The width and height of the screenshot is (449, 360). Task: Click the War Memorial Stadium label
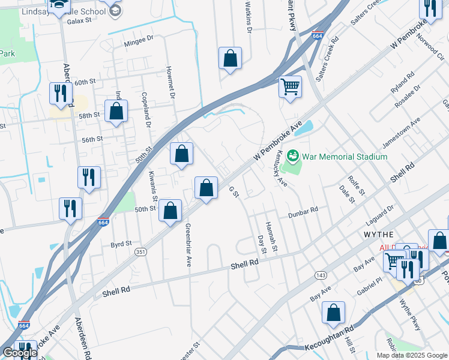(x=345, y=157)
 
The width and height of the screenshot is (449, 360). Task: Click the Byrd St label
(x=121, y=245)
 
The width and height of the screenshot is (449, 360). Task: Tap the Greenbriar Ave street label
(x=188, y=245)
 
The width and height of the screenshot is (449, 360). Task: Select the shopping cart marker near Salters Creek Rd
(x=290, y=86)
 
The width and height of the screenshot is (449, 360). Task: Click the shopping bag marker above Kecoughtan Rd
(x=333, y=312)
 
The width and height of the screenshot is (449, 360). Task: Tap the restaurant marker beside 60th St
(x=61, y=92)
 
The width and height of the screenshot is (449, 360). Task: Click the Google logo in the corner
(x=20, y=353)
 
